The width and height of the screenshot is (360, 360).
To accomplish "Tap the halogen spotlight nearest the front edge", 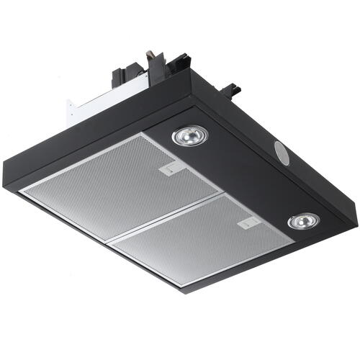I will coord(304,221).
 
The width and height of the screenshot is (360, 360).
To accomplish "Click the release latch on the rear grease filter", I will coord(169,171).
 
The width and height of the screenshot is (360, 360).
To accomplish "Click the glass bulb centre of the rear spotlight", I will coord(189,134).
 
